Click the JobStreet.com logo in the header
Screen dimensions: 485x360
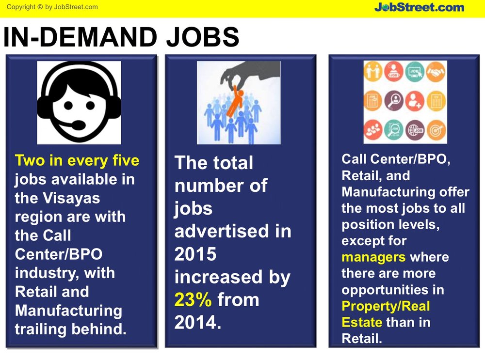point(420,7)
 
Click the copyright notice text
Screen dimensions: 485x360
point(52,7)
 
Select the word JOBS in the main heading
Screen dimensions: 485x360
point(203,37)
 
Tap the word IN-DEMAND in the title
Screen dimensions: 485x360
point(80,37)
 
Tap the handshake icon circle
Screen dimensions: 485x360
point(436,72)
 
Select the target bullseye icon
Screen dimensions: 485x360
point(436,130)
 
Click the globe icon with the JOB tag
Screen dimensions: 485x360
point(415,130)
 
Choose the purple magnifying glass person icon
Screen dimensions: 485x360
point(394,100)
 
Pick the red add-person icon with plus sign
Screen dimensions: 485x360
point(415,100)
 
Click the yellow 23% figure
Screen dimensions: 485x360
point(193,300)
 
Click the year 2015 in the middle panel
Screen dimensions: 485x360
point(195,254)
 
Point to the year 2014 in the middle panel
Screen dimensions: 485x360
point(198,323)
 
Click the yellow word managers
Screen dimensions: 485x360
point(373,257)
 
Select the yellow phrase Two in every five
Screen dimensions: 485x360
point(77,161)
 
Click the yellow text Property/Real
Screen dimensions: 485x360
point(386,306)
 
